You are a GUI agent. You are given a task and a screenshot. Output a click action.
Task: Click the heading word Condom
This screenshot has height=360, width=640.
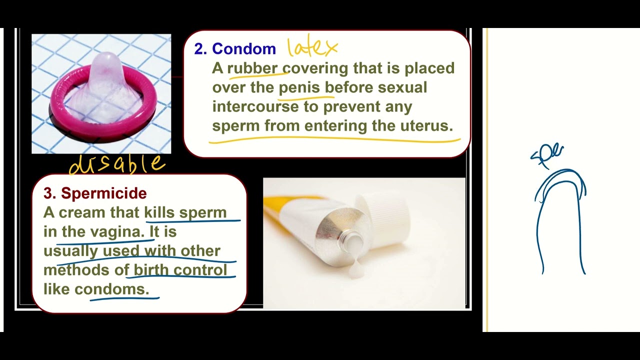click(x=243, y=49)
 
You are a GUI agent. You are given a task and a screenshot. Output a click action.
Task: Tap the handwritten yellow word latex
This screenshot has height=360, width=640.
click(x=312, y=47)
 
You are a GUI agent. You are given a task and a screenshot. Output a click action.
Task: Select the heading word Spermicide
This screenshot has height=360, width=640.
click(x=103, y=193)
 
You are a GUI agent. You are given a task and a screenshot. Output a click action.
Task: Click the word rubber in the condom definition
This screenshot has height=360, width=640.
click(x=252, y=68)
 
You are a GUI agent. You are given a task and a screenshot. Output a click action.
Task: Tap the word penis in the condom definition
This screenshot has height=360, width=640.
click(x=299, y=87)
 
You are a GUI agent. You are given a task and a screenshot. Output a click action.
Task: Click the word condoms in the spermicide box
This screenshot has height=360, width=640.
click(x=111, y=289)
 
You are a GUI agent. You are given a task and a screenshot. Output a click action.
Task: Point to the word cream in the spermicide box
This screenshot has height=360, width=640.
click(x=82, y=213)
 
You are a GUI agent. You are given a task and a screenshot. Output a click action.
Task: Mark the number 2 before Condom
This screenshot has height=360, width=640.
click(x=200, y=49)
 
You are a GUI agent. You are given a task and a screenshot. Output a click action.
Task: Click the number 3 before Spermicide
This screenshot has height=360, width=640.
click(x=49, y=193)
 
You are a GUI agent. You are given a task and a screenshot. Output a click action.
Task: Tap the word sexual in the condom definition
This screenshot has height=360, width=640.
click(x=402, y=87)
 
